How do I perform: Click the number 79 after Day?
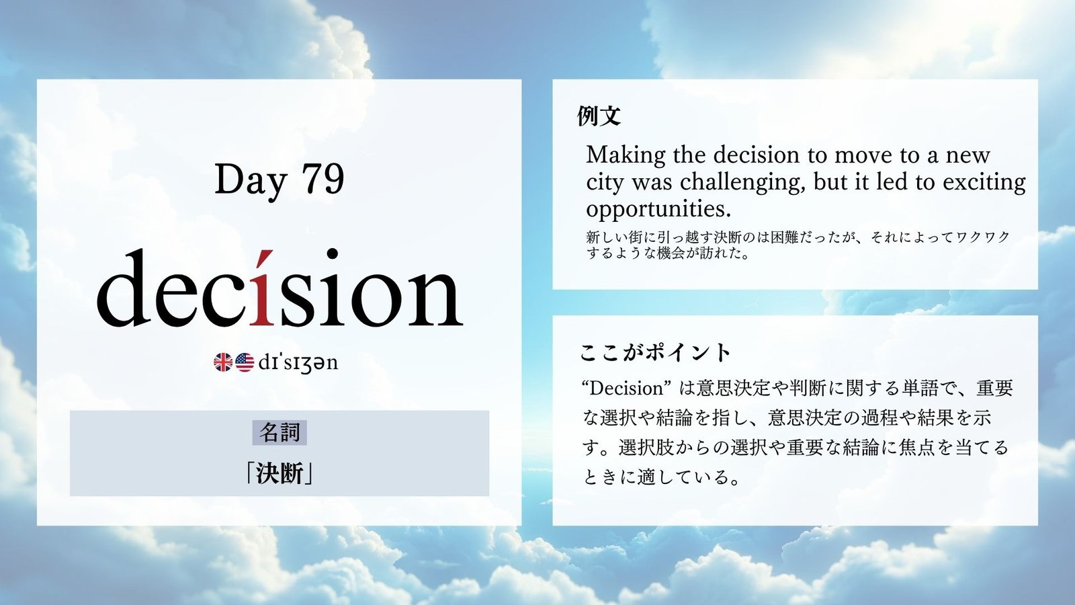323,179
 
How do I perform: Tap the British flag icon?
223,362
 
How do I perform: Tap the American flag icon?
245,362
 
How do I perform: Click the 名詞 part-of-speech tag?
279,433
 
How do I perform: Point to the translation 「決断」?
279,474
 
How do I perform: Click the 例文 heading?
599,116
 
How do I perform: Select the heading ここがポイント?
655,353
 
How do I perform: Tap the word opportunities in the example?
658,209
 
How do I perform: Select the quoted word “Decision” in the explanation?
625,389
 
